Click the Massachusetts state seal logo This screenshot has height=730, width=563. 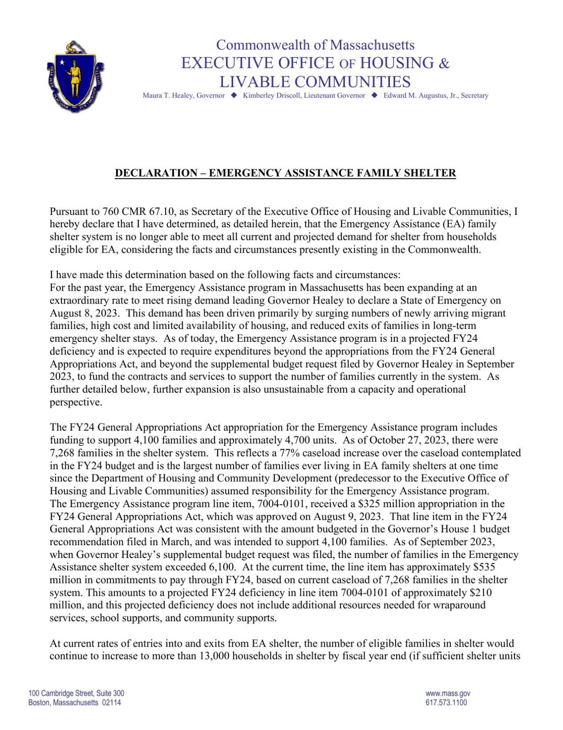pos(75,77)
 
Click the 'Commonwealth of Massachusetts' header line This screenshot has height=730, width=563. pos(315,45)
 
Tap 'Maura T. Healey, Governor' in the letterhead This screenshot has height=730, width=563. pos(183,95)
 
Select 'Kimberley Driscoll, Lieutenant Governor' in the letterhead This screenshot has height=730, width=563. pos(304,95)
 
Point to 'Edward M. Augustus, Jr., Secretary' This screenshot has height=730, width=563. pos(436,95)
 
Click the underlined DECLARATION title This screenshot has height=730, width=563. pos(285,173)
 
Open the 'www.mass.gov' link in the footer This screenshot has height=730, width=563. pos(448,693)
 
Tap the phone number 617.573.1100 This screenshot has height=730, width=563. pos(446,703)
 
